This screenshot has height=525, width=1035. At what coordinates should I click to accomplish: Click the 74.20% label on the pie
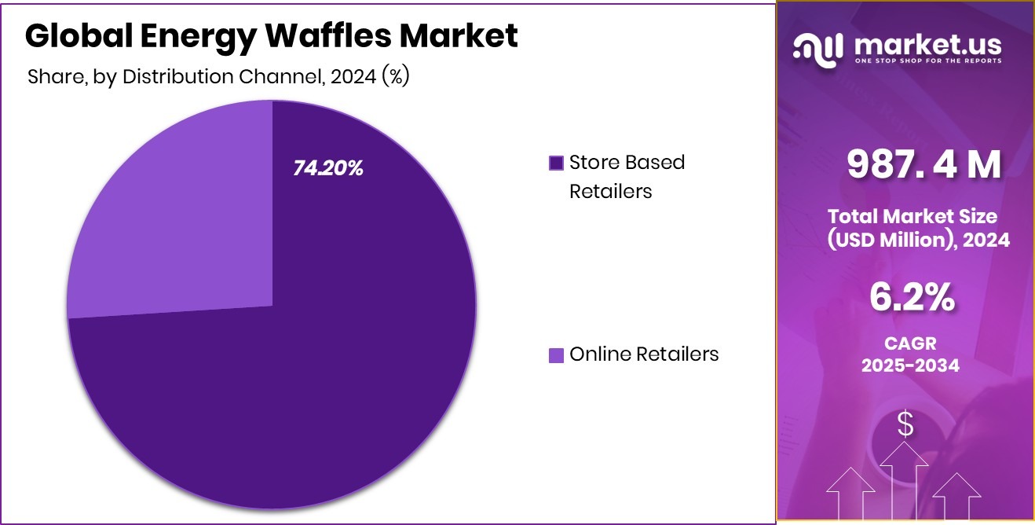(x=328, y=168)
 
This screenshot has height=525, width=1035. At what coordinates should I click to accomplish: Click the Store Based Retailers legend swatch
(x=556, y=163)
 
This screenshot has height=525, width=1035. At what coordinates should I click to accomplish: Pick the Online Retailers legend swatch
(x=556, y=355)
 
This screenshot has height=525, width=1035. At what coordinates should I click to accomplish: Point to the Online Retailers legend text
(x=644, y=354)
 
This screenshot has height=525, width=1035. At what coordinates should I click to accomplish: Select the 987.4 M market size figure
(x=923, y=165)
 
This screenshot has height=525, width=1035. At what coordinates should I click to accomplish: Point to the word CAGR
(x=911, y=344)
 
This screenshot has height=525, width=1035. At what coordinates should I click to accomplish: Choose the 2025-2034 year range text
(x=911, y=365)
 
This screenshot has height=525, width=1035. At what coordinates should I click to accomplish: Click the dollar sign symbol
(x=905, y=425)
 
